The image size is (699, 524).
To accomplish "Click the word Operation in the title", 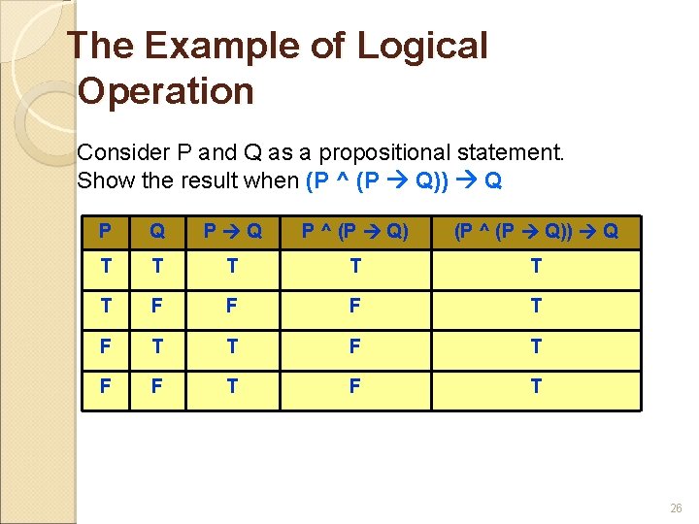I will [x=165, y=91].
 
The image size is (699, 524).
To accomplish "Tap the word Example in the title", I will [x=227, y=46].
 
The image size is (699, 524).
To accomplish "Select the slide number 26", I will [x=676, y=507].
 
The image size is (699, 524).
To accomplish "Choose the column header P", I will [x=105, y=233].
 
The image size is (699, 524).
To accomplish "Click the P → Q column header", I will [x=231, y=233].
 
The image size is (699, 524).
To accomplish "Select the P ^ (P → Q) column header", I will [x=354, y=233].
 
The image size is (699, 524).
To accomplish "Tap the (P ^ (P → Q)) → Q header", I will [x=535, y=233].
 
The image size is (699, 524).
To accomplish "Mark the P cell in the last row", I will [x=105, y=386].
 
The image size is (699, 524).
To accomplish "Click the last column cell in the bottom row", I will [x=535, y=386].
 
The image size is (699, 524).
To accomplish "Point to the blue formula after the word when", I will [x=403, y=180].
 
